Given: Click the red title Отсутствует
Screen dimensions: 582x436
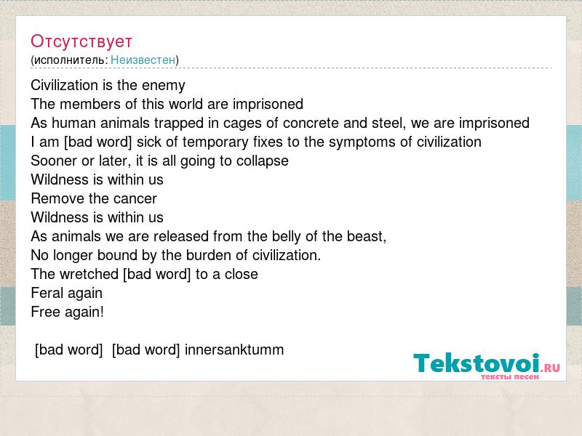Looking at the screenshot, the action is click(81, 41).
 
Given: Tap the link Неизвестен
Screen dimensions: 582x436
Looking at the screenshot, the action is click(143, 60).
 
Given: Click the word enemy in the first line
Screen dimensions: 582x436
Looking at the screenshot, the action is click(163, 86).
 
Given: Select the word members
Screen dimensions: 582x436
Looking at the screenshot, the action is click(90, 104).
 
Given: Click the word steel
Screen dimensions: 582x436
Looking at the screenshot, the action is click(388, 123).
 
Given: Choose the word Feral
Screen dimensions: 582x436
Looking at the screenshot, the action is click(47, 293).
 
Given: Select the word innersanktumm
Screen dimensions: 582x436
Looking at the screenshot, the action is click(234, 350).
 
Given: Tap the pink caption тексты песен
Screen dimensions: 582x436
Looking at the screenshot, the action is click(510, 377).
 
